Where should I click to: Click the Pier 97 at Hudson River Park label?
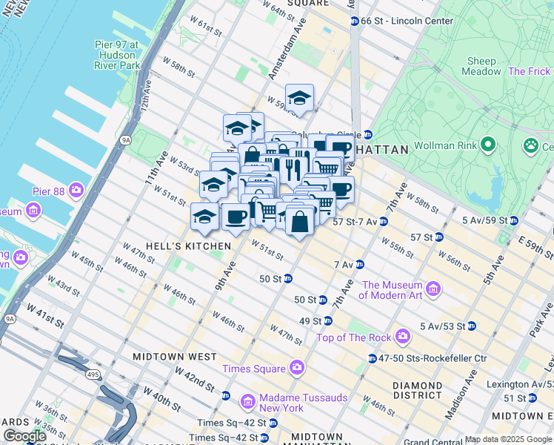[x=117, y=55]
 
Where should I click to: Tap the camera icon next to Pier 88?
[x=76, y=191]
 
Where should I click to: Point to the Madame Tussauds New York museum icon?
[x=248, y=402]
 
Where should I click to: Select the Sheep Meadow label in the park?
[x=481, y=66]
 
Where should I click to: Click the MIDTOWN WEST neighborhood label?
[x=174, y=357]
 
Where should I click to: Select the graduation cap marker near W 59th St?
[x=299, y=98]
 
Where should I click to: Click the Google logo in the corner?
[x=24, y=436]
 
